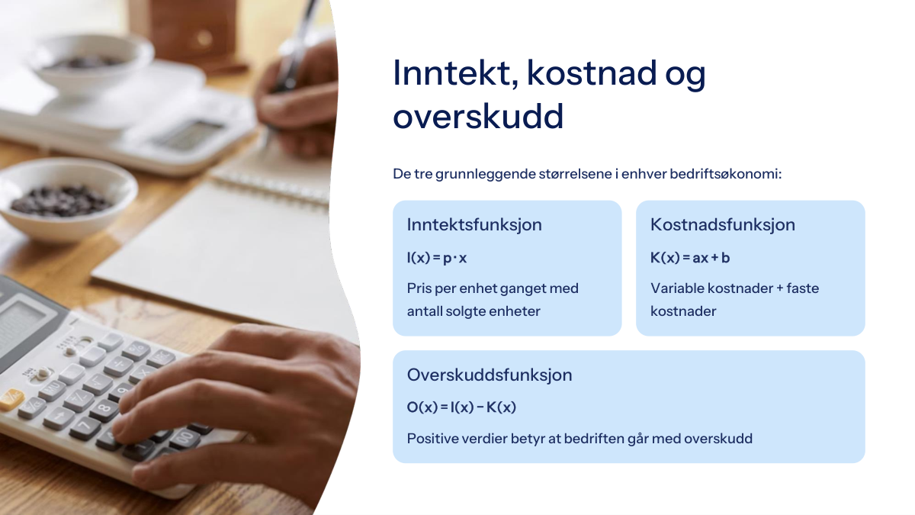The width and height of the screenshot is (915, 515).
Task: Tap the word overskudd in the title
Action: [x=478, y=117]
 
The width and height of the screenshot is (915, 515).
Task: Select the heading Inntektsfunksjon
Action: [x=474, y=225]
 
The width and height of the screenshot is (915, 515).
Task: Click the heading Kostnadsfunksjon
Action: [x=723, y=225]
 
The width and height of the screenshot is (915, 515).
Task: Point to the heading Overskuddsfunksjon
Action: [x=490, y=375]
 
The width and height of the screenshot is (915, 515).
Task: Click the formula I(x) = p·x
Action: [x=437, y=258]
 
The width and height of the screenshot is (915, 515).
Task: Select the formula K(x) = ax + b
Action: [x=690, y=258]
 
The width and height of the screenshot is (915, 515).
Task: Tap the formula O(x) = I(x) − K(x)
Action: [x=461, y=407]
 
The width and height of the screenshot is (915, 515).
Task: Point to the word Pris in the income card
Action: [x=419, y=288]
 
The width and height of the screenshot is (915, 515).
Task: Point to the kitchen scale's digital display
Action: [x=189, y=134]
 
